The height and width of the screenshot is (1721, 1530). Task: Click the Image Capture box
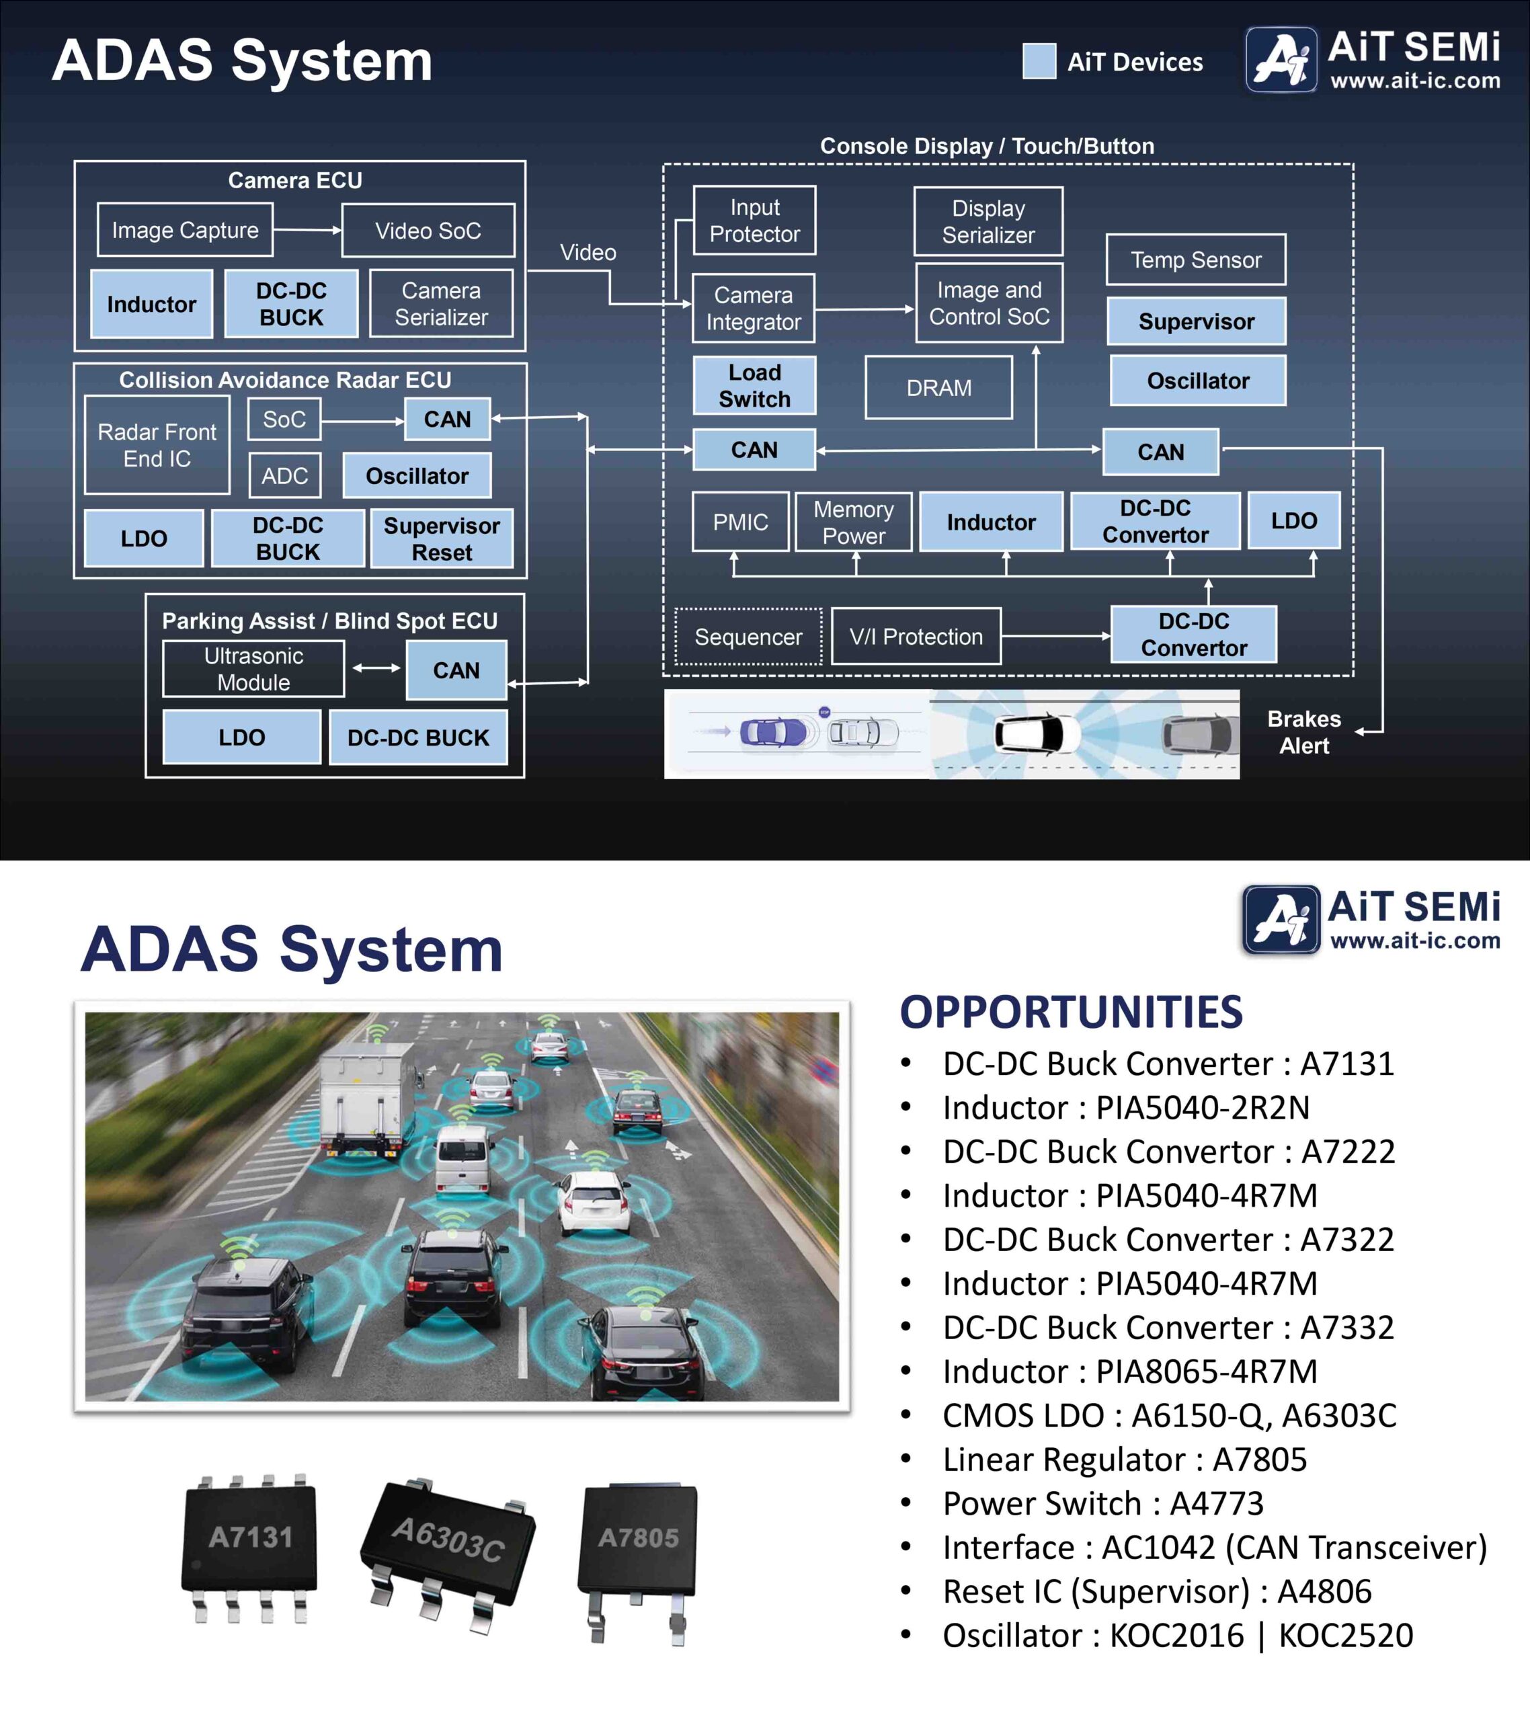click(x=186, y=230)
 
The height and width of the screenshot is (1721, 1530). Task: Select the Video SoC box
click(x=428, y=231)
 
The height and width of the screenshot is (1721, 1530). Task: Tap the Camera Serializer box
click(x=441, y=304)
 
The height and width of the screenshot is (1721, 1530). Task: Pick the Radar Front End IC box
click(x=157, y=446)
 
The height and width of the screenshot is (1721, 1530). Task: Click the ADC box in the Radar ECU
click(x=284, y=476)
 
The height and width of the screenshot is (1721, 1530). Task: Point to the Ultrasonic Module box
click(x=253, y=670)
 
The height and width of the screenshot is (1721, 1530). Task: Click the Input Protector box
click(x=754, y=221)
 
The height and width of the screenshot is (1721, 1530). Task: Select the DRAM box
click(x=939, y=388)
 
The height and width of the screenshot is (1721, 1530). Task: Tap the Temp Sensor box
click(x=1196, y=260)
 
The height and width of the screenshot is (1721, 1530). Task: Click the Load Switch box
click(x=754, y=386)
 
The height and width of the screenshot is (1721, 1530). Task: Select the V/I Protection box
click(x=916, y=637)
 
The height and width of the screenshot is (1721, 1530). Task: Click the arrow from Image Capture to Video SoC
click(x=307, y=230)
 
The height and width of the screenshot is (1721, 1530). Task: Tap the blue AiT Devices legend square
click(x=1039, y=61)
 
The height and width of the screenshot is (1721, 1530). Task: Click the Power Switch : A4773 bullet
click(x=1103, y=1504)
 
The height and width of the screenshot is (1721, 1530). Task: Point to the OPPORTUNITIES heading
click(x=1071, y=1012)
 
